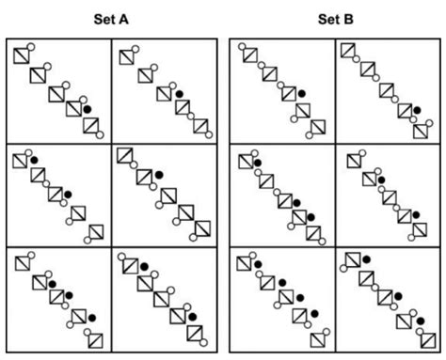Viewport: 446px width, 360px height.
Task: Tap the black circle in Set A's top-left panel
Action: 88,109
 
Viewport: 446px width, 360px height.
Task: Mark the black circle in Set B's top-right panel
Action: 415,109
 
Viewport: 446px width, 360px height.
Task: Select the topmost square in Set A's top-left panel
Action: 22,56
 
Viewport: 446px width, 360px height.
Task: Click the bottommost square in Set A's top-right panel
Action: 199,125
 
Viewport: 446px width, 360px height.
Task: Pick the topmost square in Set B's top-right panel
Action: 347,51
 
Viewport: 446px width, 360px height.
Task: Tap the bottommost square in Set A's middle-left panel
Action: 96,232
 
